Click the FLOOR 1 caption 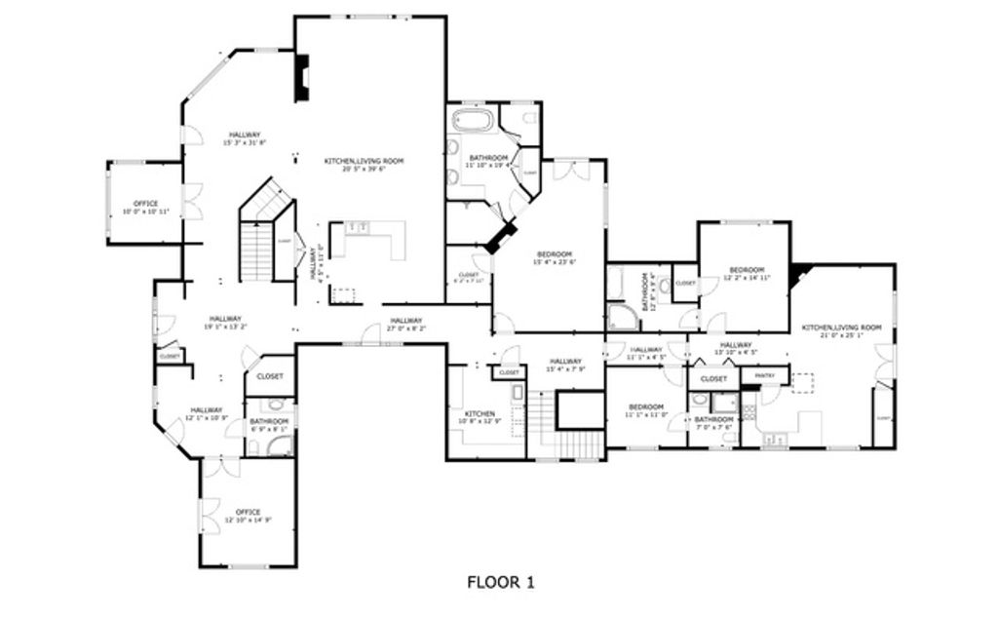pos(500,583)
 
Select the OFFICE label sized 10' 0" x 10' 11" pos(145,203)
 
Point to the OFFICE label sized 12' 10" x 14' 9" pos(248,511)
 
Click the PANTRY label pos(764,373)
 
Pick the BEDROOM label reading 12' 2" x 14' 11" pos(747,269)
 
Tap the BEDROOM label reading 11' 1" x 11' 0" pos(645,406)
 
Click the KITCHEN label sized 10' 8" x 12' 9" pos(480,413)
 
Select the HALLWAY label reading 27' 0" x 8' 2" pos(406,321)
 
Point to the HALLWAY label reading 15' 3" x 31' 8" pos(244,135)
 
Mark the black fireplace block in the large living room pos(302,78)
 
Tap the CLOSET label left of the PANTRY pos(713,378)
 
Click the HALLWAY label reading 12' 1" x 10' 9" pos(206,409)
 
